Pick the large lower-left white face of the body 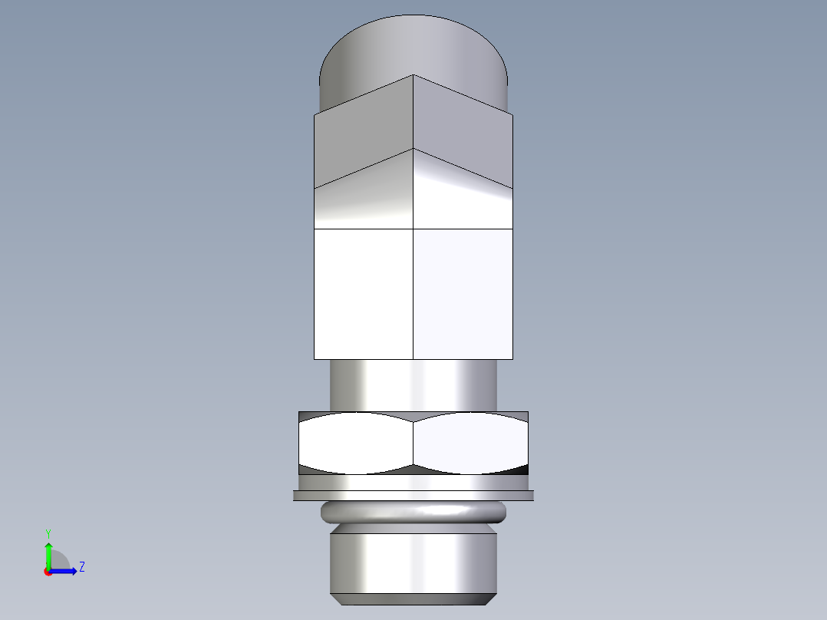click(364, 294)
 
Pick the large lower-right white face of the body click(463, 294)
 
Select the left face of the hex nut click(355, 443)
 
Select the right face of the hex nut click(470, 443)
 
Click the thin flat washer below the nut click(413, 496)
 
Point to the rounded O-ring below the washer click(413, 512)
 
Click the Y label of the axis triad click(48, 533)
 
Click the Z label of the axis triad click(81, 567)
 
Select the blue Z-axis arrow click(65, 571)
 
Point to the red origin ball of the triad click(48, 572)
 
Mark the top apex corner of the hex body click(413, 75)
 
